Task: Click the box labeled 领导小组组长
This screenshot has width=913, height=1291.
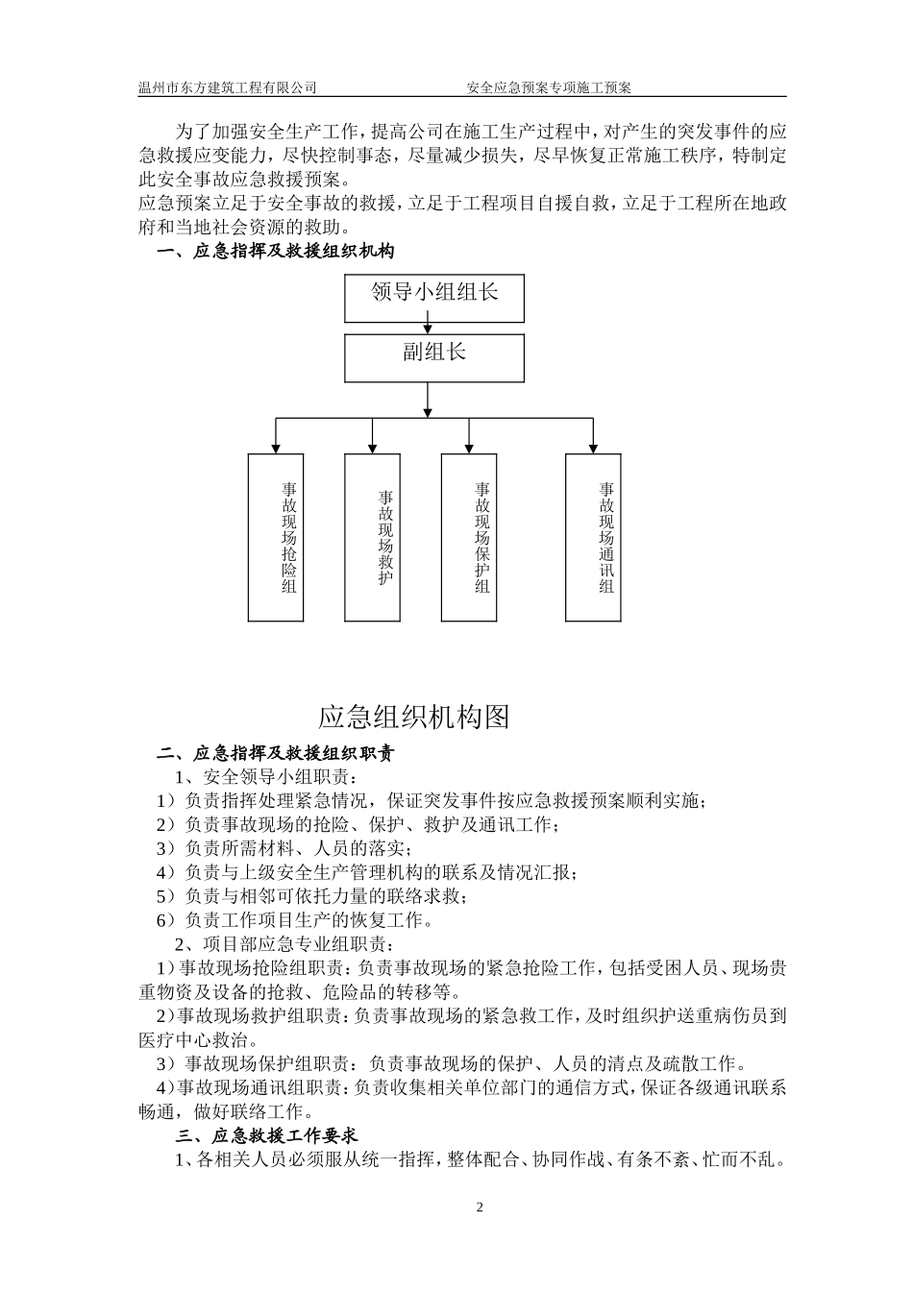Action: click(434, 298)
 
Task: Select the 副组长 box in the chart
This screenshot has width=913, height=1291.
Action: click(434, 357)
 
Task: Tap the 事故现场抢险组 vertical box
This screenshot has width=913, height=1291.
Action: click(276, 537)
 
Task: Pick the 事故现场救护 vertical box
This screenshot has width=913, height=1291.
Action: click(372, 537)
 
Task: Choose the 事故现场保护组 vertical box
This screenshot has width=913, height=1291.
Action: click(469, 537)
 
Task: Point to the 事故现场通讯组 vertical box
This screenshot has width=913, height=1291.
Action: click(593, 537)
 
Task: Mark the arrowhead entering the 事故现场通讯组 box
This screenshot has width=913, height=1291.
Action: click(593, 448)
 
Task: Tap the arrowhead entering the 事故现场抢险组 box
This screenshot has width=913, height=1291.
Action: click(276, 448)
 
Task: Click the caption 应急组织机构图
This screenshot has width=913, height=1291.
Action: click(413, 717)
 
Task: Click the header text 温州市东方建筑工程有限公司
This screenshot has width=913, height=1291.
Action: click(228, 87)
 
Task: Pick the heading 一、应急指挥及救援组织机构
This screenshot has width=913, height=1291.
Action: click(276, 252)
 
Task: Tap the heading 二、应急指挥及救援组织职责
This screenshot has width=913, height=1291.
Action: click(276, 753)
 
